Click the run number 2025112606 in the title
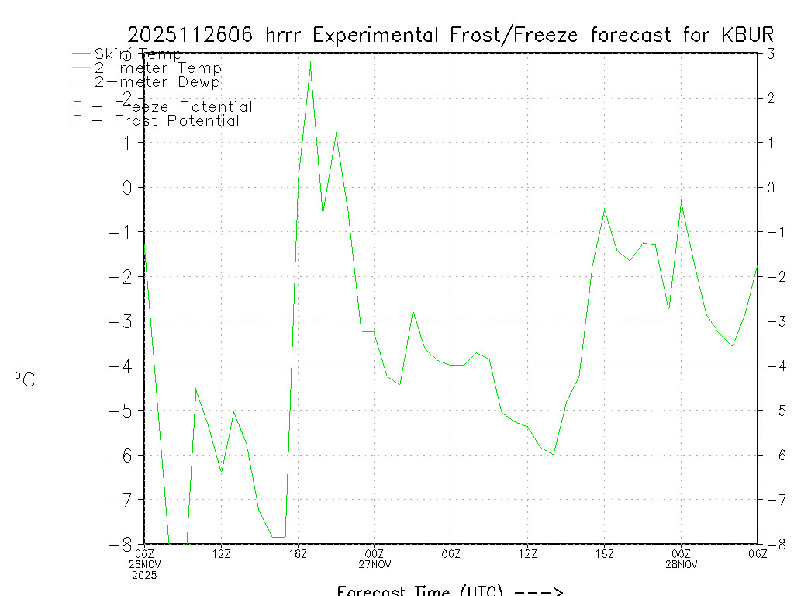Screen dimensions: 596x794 193,35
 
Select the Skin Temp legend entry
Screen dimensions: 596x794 138,54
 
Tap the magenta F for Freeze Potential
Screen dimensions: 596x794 77,107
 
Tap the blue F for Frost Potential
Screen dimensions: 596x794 77,121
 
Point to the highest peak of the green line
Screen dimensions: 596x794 310,61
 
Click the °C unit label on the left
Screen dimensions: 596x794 25,379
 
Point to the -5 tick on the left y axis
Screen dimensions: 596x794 123,410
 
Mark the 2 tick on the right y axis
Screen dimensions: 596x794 771,98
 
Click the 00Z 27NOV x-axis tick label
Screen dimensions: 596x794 375,559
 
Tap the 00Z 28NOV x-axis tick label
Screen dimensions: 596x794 681,559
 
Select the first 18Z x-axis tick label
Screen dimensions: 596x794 298,553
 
